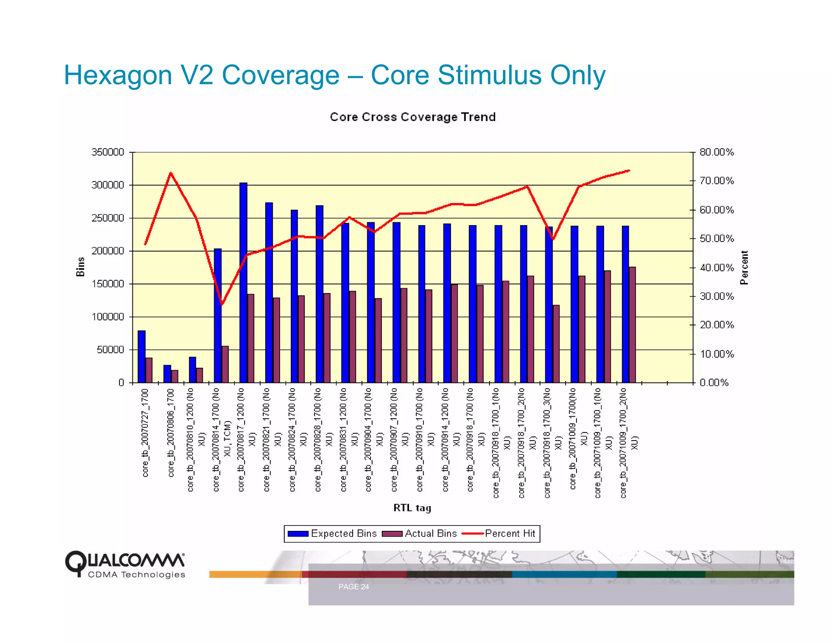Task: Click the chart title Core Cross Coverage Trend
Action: (x=412, y=117)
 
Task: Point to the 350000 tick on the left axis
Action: (x=108, y=152)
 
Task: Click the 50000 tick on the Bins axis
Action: (x=110, y=350)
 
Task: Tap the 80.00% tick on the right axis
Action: (x=717, y=152)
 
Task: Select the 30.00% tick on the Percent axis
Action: (x=717, y=296)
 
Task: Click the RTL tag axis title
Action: (x=412, y=508)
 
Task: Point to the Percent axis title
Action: (x=744, y=267)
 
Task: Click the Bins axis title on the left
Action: (x=80, y=267)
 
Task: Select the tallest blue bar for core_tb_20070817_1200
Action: (x=243, y=282)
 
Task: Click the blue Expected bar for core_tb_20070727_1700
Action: (x=141, y=356)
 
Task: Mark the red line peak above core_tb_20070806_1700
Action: (x=171, y=173)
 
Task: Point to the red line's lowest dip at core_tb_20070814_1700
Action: (x=222, y=304)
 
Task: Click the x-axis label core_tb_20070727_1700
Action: (x=145, y=432)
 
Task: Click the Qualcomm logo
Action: (x=125, y=564)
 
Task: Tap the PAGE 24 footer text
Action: (x=353, y=587)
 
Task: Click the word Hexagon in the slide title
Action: (x=118, y=75)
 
